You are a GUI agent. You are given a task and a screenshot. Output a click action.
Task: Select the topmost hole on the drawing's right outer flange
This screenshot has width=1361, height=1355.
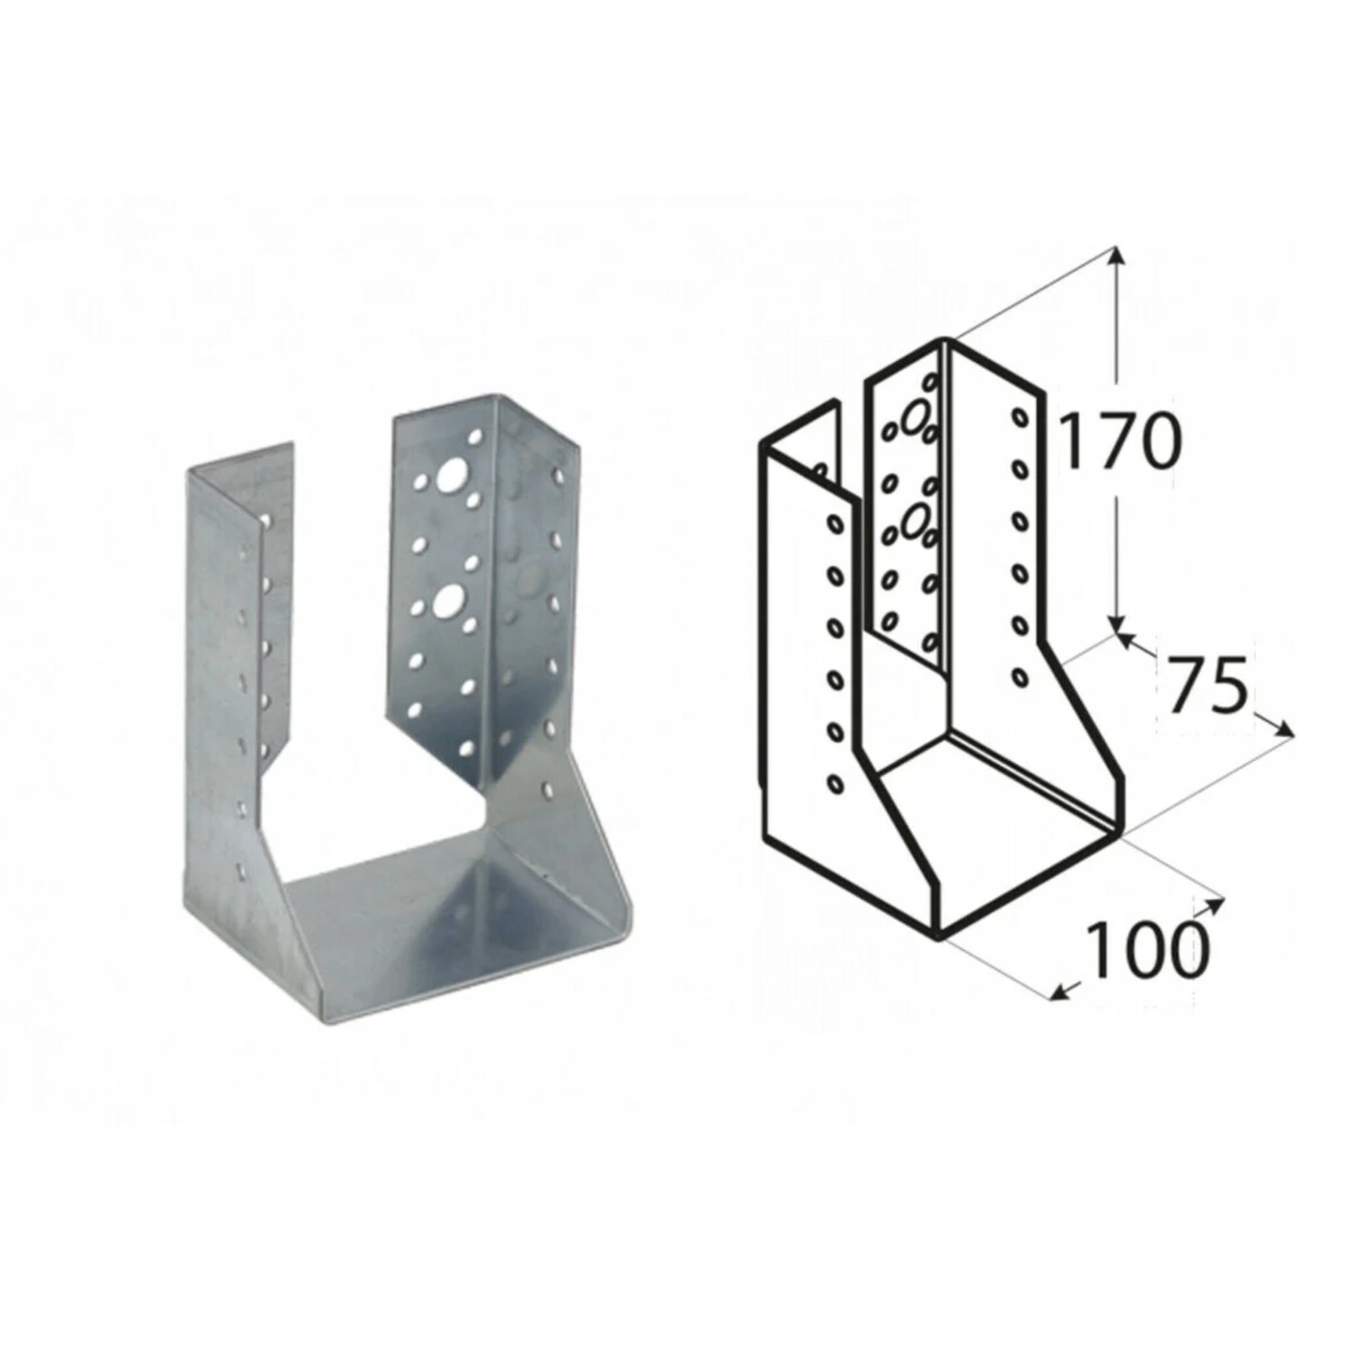tap(1019, 418)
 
